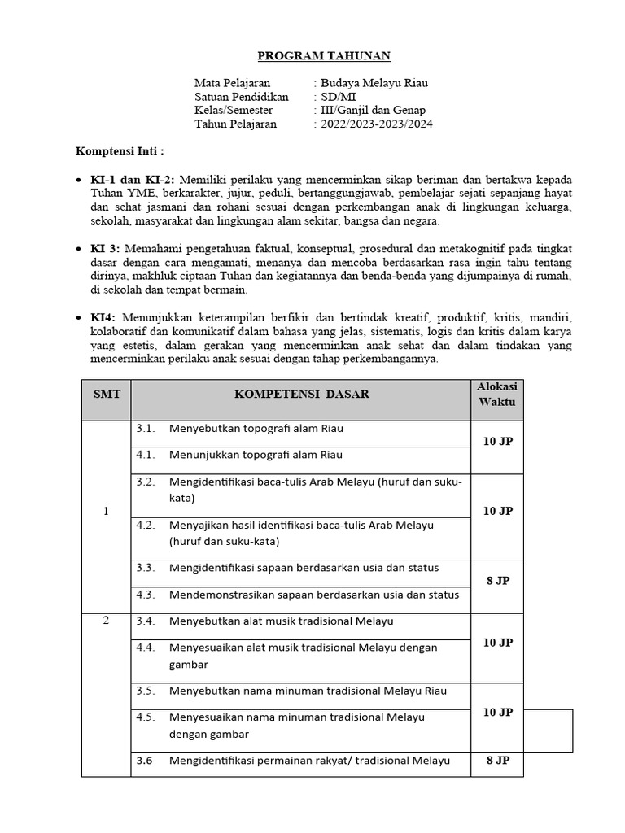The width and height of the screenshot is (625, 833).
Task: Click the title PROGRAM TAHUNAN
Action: pyautogui.click(x=312, y=56)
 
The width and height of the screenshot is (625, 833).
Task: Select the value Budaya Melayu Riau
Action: pyautogui.click(x=374, y=83)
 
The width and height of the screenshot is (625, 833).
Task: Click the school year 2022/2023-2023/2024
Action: pyautogui.click(x=377, y=124)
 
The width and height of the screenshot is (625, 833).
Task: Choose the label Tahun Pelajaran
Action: pyautogui.click(x=235, y=124)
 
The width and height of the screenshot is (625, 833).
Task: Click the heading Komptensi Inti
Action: pyautogui.click(x=120, y=151)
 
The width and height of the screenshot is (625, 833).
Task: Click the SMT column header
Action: pyautogui.click(x=106, y=394)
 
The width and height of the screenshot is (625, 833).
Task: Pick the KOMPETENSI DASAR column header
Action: pyautogui.click(x=301, y=394)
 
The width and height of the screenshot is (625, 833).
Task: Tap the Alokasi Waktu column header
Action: pyautogui.click(x=496, y=394)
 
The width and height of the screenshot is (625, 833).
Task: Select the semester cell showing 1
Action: pyautogui.click(x=106, y=511)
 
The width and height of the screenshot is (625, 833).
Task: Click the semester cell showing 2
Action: pyautogui.click(x=106, y=621)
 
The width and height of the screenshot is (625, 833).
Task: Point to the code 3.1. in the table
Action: pyautogui.click(x=146, y=428)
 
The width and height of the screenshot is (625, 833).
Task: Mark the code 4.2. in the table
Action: pyautogui.click(x=146, y=526)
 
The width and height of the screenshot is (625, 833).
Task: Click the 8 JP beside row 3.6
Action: pyautogui.click(x=496, y=761)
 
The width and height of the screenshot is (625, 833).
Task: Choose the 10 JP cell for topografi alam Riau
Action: pyautogui.click(x=496, y=441)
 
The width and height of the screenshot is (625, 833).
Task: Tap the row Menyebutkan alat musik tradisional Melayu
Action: pyautogui.click(x=281, y=621)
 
